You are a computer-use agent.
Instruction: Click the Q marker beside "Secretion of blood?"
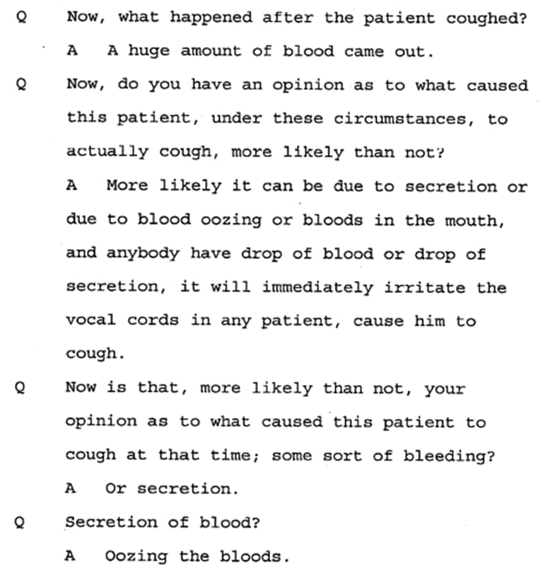[x=20, y=524]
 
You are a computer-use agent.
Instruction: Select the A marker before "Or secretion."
[x=69, y=489]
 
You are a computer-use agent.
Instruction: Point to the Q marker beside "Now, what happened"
[x=20, y=18]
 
